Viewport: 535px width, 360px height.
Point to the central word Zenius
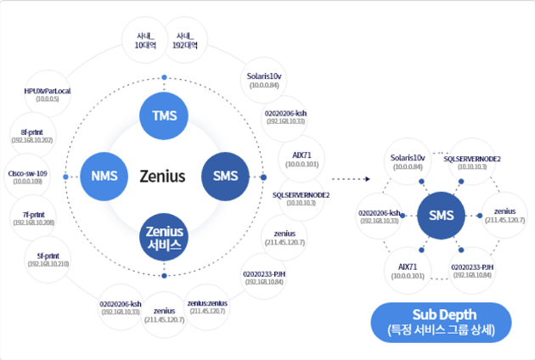point(162,177)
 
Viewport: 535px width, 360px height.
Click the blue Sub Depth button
point(440,323)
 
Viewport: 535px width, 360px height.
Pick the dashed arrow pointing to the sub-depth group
point(352,179)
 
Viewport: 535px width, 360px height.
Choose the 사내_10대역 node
point(143,41)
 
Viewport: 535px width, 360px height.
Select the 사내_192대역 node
point(185,41)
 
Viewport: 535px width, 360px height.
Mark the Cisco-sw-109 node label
point(28,173)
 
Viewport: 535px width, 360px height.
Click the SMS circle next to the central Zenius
point(226,177)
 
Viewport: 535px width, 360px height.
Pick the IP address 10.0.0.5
point(48,99)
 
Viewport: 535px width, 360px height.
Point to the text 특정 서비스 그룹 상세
point(440,329)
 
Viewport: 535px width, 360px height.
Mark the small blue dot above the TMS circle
point(165,79)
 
